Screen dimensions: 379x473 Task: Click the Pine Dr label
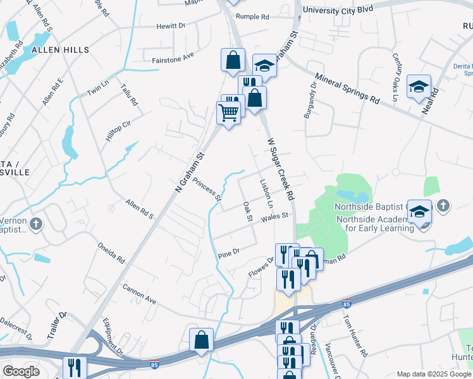228,254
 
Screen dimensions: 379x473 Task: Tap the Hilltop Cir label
118,130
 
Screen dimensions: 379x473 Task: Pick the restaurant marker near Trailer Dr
75,368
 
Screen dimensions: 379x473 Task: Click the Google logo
21,371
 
